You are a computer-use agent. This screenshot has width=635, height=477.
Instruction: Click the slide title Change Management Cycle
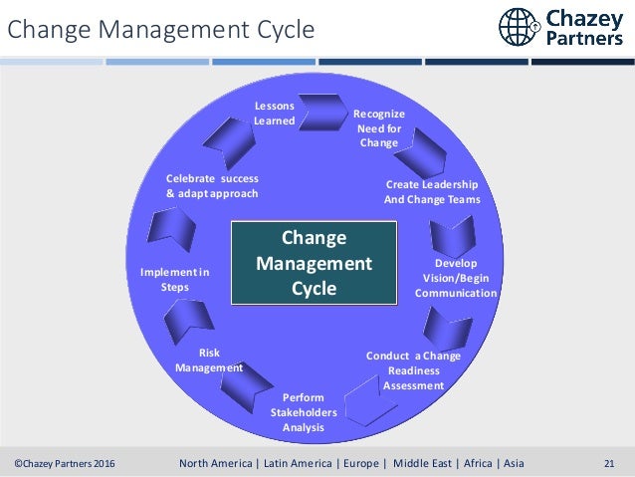click(161, 30)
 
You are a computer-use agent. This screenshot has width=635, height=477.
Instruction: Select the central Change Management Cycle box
click(314, 263)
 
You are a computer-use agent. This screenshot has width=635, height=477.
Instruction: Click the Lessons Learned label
click(274, 113)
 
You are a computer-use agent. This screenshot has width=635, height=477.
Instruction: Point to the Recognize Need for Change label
click(379, 128)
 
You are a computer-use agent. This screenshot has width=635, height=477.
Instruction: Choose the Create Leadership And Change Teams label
click(432, 192)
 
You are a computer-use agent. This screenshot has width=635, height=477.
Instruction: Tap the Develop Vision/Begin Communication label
click(456, 278)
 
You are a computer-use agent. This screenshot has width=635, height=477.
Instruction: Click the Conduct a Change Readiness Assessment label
click(413, 370)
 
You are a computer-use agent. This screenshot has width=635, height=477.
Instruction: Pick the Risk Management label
click(209, 359)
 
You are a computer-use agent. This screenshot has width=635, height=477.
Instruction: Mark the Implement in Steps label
click(174, 279)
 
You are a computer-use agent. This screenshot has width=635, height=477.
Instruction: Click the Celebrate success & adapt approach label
click(212, 185)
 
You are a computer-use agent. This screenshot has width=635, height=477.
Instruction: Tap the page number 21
click(610, 463)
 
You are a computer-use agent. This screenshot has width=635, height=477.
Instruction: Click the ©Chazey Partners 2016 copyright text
click(65, 463)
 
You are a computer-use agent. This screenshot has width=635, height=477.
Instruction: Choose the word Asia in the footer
click(512, 463)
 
